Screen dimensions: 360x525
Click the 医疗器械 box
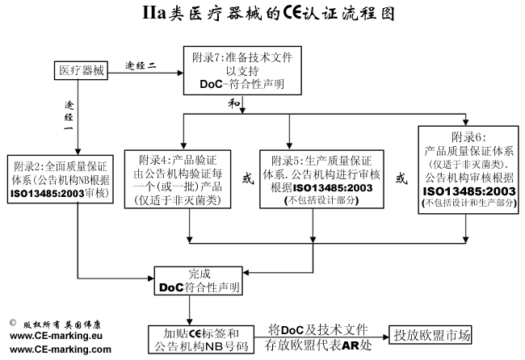[x=82, y=70]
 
